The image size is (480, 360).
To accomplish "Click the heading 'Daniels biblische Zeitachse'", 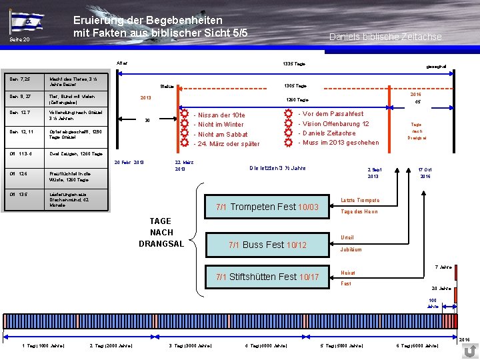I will [385, 37].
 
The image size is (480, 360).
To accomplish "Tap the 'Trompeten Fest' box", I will [267, 207].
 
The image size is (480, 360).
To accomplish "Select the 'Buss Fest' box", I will [267, 245].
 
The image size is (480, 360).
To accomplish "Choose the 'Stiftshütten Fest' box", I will [267, 277].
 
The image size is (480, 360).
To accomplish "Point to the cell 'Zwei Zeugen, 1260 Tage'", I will [76, 153].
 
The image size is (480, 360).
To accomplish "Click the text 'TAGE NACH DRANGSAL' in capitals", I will [160, 232].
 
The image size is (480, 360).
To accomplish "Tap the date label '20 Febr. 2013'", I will [129, 163].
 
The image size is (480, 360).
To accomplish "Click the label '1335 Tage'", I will [295, 63].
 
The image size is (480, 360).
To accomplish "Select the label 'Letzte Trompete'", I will [360, 200].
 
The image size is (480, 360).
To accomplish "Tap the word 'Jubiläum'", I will [351, 249].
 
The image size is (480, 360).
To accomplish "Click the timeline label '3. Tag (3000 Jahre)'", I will [191, 345].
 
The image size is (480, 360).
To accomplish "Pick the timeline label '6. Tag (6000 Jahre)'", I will [417, 345].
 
